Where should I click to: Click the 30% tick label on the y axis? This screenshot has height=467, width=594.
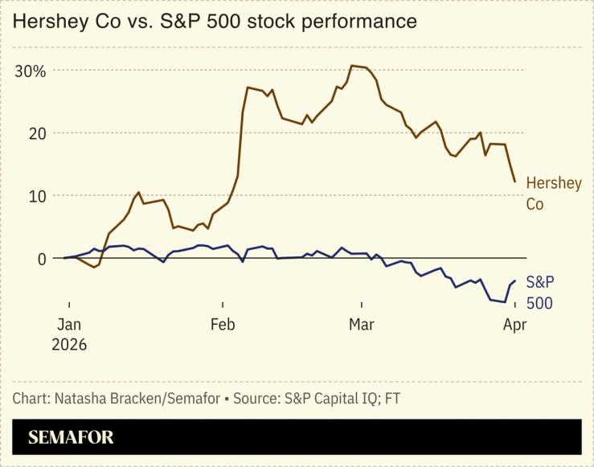coord(31,71)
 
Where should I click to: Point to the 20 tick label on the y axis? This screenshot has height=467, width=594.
coord(36,133)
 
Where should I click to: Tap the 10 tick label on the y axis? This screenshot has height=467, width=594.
coord(36,195)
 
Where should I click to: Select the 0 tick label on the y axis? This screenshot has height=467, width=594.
coord(41,258)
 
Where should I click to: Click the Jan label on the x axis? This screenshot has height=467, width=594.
coord(69,325)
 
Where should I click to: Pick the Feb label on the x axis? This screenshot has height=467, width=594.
coord(223,325)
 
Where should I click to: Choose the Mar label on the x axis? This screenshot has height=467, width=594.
coord(362,325)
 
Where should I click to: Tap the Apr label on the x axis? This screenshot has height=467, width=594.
coord(514,325)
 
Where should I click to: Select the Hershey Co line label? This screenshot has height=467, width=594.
coord(553,194)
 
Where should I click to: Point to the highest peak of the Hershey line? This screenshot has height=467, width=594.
coord(352,66)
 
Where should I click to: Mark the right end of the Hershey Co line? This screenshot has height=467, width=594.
coord(514,181)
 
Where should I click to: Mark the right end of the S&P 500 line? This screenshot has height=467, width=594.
coord(514,281)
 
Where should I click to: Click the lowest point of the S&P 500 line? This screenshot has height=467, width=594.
coord(505,302)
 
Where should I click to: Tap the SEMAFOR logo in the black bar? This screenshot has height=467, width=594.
coord(71,437)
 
